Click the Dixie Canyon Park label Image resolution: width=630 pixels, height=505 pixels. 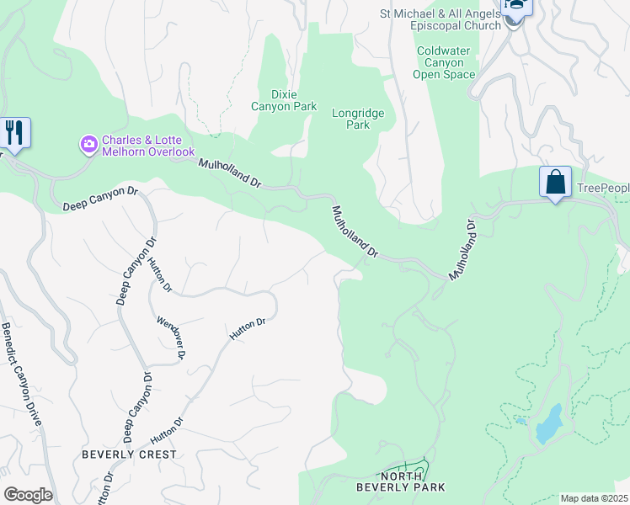click(x=284, y=100)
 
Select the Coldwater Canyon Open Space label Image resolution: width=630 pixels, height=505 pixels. click(x=444, y=63)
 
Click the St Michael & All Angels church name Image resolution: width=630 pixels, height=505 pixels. click(x=440, y=19)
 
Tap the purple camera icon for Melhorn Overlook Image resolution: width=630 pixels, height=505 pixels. click(x=88, y=146)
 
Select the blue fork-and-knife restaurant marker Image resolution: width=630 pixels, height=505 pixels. click(x=15, y=132)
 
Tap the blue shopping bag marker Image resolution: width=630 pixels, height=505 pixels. click(x=555, y=182)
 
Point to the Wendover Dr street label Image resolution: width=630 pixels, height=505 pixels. click(x=170, y=338)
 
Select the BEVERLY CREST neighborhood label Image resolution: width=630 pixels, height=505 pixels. click(x=129, y=454)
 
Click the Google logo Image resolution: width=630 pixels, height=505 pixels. click(x=28, y=495)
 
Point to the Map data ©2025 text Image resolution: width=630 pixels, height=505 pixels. click(x=594, y=498)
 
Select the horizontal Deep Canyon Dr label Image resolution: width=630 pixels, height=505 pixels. click(x=99, y=199)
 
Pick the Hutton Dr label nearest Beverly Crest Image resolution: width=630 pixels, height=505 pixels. click(x=167, y=431)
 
